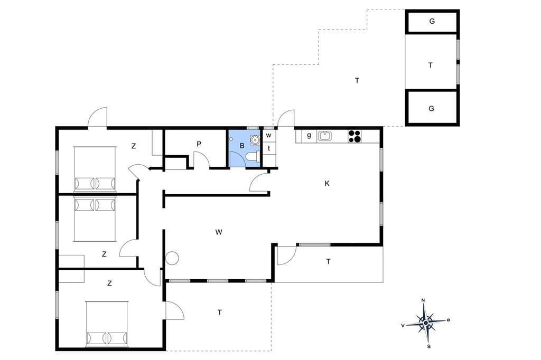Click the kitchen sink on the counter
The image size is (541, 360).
tap(324, 136)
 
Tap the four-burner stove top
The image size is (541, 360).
tap(355, 136)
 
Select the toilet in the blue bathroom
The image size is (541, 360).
tap(253, 157)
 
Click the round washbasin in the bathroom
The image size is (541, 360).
tap(255, 140)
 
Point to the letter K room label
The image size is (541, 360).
tap(327, 184)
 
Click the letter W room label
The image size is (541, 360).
tap(218, 232)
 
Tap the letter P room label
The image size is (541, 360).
tap(199, 144)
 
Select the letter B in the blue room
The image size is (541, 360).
tap(242, 146)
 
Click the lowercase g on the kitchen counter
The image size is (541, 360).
tap(309, 135)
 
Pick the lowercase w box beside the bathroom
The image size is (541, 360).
tap(269, 135)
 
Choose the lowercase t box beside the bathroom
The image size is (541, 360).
tap(269, 149)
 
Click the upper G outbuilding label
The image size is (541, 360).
tap(432, 22)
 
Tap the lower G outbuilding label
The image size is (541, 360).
tap(431, 109)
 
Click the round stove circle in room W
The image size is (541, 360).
tap(172, 258)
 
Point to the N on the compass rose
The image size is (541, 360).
tap(423, 300)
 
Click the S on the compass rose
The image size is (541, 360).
tap(429, 347)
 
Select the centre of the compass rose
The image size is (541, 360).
tap(426, 323)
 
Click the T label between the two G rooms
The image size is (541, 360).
tap(430, 65)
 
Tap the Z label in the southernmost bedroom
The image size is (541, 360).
tap(109, 283)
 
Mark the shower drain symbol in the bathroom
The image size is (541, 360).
tap(231, 139)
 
